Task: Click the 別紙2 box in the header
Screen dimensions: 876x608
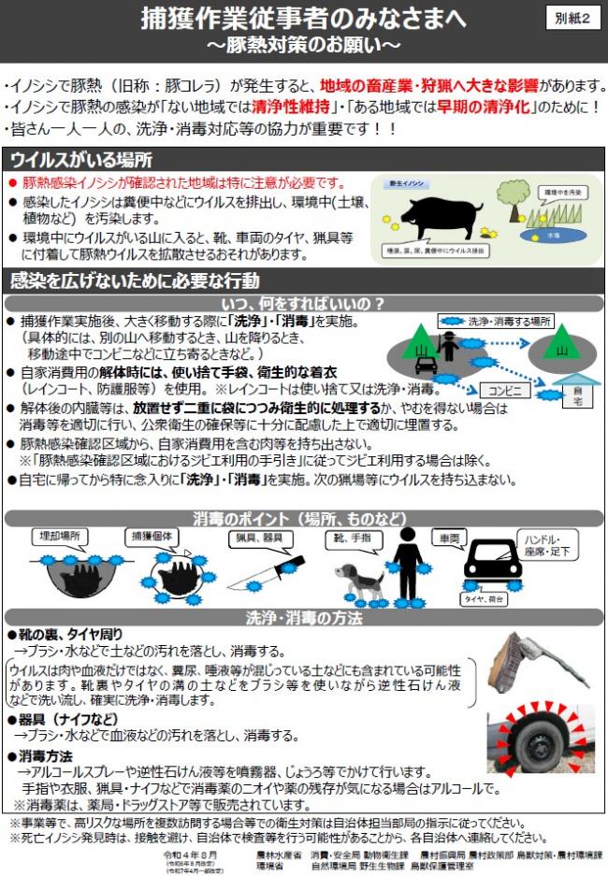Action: [x=572, y=19]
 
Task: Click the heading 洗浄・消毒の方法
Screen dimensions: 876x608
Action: [x=303, y=618]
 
